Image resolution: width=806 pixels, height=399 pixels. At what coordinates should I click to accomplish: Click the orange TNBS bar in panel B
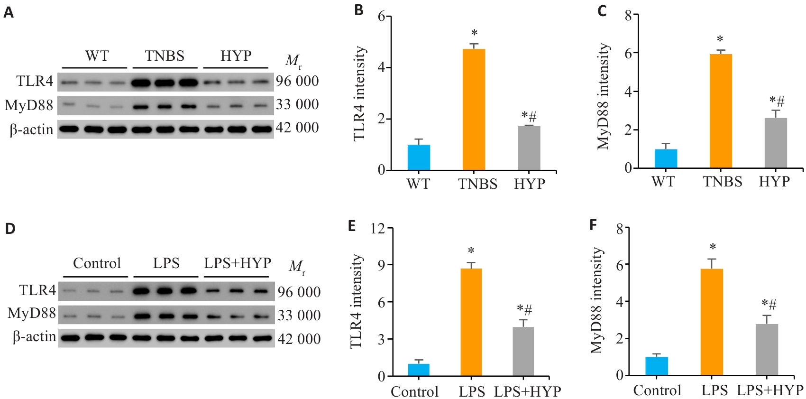tap(474, 109)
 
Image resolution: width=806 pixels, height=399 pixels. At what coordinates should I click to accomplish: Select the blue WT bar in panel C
tap(666, 158)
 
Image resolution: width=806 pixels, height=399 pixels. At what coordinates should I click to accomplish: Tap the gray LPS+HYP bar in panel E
tap(523, 351)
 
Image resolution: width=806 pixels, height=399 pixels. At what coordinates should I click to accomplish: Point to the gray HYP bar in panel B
tap(529, 148)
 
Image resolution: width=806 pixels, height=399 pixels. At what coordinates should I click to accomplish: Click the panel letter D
tap(10, 228)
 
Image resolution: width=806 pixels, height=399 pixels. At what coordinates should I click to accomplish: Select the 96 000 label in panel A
tap(297, 81)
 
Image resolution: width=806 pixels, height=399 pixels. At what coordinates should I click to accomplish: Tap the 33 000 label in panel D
tap(299, 315)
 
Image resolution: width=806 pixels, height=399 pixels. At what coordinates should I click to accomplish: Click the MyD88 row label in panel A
tap(29, 105)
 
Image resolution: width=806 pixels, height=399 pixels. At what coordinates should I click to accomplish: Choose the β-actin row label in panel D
tap(34, 337)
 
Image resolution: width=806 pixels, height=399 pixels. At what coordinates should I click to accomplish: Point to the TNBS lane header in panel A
tap(165, 56)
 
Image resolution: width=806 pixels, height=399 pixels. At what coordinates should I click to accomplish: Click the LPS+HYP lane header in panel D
tap(238, 263)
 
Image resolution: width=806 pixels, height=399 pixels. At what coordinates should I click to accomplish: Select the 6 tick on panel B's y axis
tap(381, 17)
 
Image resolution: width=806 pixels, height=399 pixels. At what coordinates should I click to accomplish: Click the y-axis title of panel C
tap(603, 96)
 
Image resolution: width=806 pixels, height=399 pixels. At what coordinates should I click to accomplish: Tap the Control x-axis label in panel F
tap(657, 390)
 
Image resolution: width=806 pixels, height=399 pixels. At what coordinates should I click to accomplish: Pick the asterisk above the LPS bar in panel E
tap(471, 251)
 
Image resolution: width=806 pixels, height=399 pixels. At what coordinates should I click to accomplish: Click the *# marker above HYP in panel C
tap(777, 101)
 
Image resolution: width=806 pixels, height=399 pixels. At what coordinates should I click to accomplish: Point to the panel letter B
tap(359, 10)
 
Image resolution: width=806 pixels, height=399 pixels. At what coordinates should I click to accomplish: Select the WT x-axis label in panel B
tap(418, 184)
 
